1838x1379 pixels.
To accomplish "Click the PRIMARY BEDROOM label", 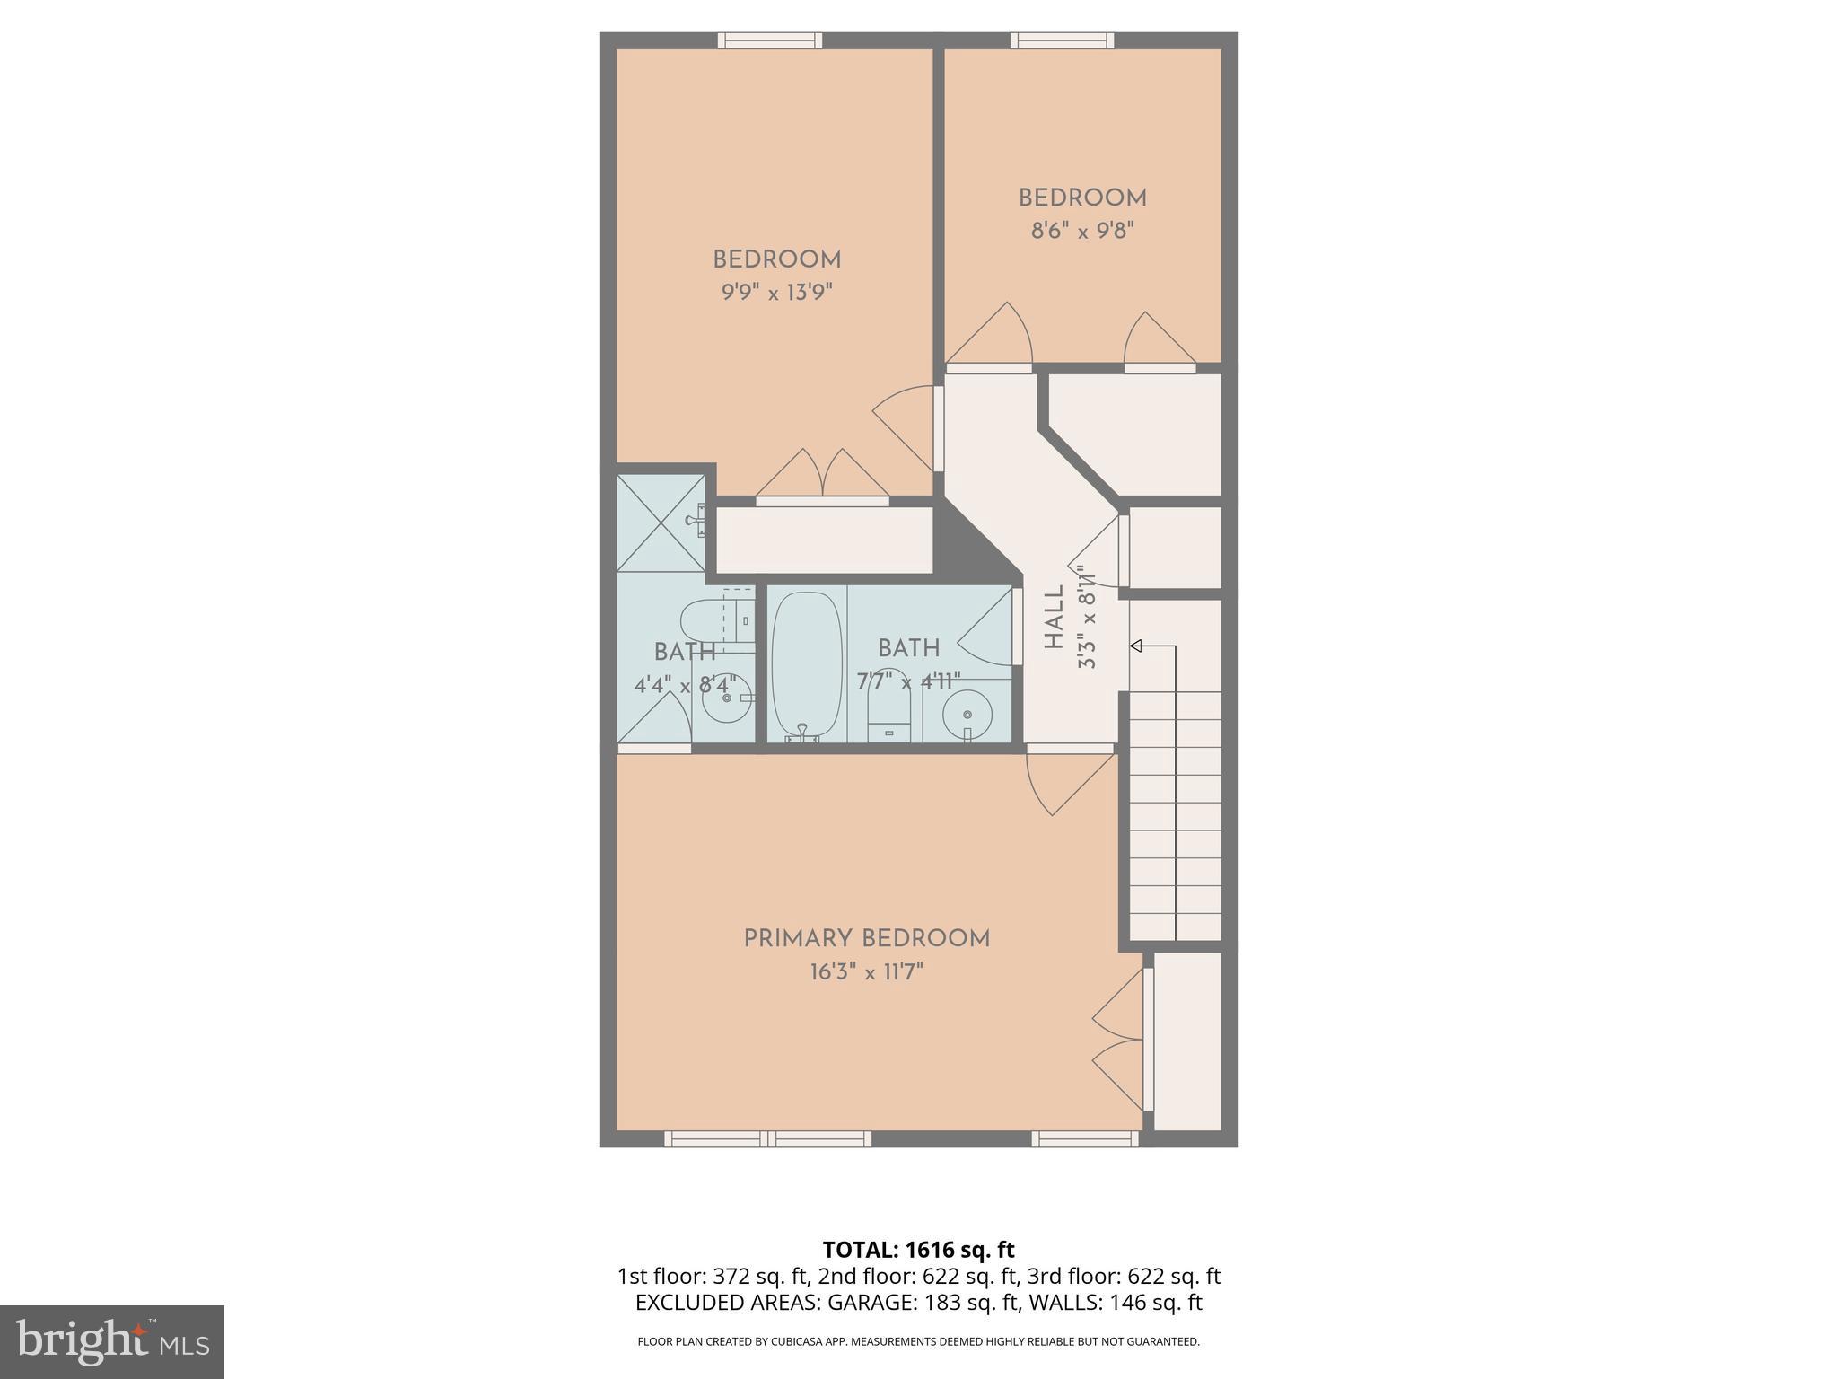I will tap(866, 939).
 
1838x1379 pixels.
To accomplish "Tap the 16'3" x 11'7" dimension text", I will tap(866, 972).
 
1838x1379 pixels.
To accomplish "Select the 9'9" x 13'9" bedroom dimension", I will tap(777, 293).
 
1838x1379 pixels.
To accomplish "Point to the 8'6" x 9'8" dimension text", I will tap(1082, 231).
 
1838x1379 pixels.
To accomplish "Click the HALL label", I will tap(1055, 617).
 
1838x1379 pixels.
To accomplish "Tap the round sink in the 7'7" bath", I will tap(967, 715).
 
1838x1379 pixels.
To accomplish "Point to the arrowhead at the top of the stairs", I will tap(1135, 646).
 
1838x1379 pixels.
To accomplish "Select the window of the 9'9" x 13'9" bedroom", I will tap(770, 40).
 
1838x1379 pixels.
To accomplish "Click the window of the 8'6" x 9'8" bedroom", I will tap(1062, 40).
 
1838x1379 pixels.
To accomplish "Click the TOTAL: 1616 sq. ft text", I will tap(918, 1250).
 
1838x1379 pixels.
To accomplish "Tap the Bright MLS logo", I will tap(111, 1341).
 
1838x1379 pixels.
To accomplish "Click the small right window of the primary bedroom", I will tap(1084, 1139).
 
